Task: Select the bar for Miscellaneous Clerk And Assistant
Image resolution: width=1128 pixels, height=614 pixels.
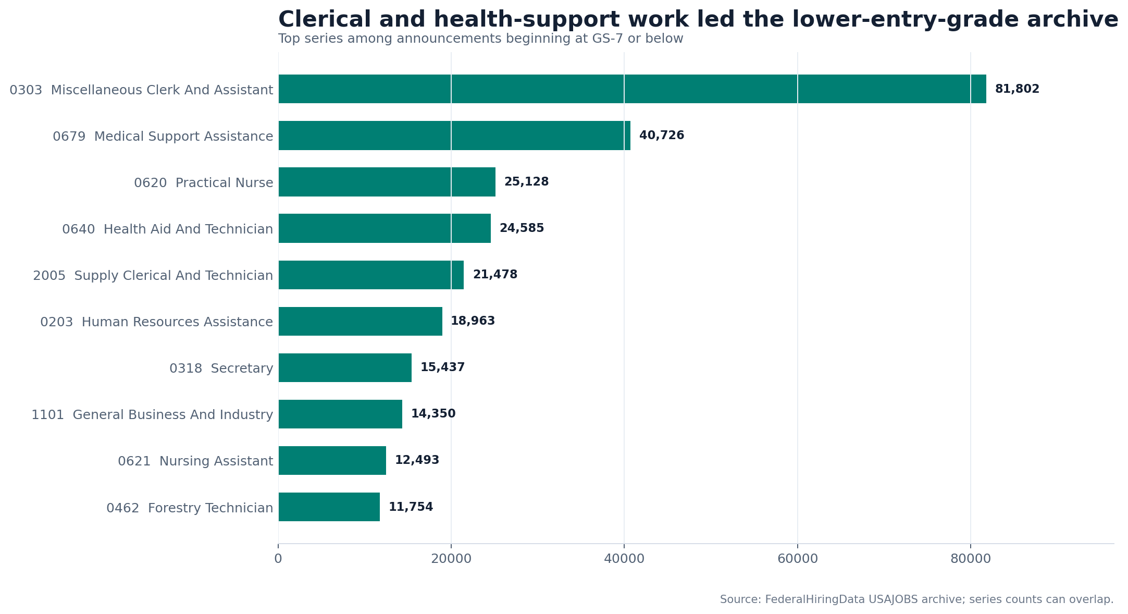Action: point(632,89)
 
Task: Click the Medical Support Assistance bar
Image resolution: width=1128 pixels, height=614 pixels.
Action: point(454,136)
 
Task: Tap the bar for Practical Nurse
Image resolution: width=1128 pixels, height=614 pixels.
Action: point(387,182)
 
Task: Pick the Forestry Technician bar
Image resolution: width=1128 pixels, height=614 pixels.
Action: point(329,507)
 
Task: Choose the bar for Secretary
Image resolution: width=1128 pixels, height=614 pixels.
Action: point(345,367)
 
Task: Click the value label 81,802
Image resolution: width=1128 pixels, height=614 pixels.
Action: point(1017,89)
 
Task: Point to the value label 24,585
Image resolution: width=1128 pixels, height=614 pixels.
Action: point(522,228)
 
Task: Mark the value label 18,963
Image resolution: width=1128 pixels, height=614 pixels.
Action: point(473,321)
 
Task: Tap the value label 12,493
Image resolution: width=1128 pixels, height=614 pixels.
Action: point(417,460)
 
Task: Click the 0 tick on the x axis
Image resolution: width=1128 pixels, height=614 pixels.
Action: point(278,559)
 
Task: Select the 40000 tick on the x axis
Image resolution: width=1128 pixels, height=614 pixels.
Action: point(624,559)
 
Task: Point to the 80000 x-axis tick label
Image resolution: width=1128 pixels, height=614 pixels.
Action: point(971,559)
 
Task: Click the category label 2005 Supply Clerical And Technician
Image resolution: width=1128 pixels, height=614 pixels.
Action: point(153,276)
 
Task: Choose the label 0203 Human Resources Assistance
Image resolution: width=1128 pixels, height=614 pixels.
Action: point(156,322)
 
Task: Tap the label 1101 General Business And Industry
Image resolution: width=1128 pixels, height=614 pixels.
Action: point(152,415)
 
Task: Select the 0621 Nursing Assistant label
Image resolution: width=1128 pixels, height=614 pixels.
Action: point(195,461)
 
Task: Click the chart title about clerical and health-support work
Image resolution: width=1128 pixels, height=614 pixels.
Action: point(698,20)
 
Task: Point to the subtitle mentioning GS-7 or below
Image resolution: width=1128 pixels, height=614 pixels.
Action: point(480,39)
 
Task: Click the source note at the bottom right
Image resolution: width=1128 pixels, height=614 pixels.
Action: point(916,599)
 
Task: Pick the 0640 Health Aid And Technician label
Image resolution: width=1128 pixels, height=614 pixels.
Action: point(167,229)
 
